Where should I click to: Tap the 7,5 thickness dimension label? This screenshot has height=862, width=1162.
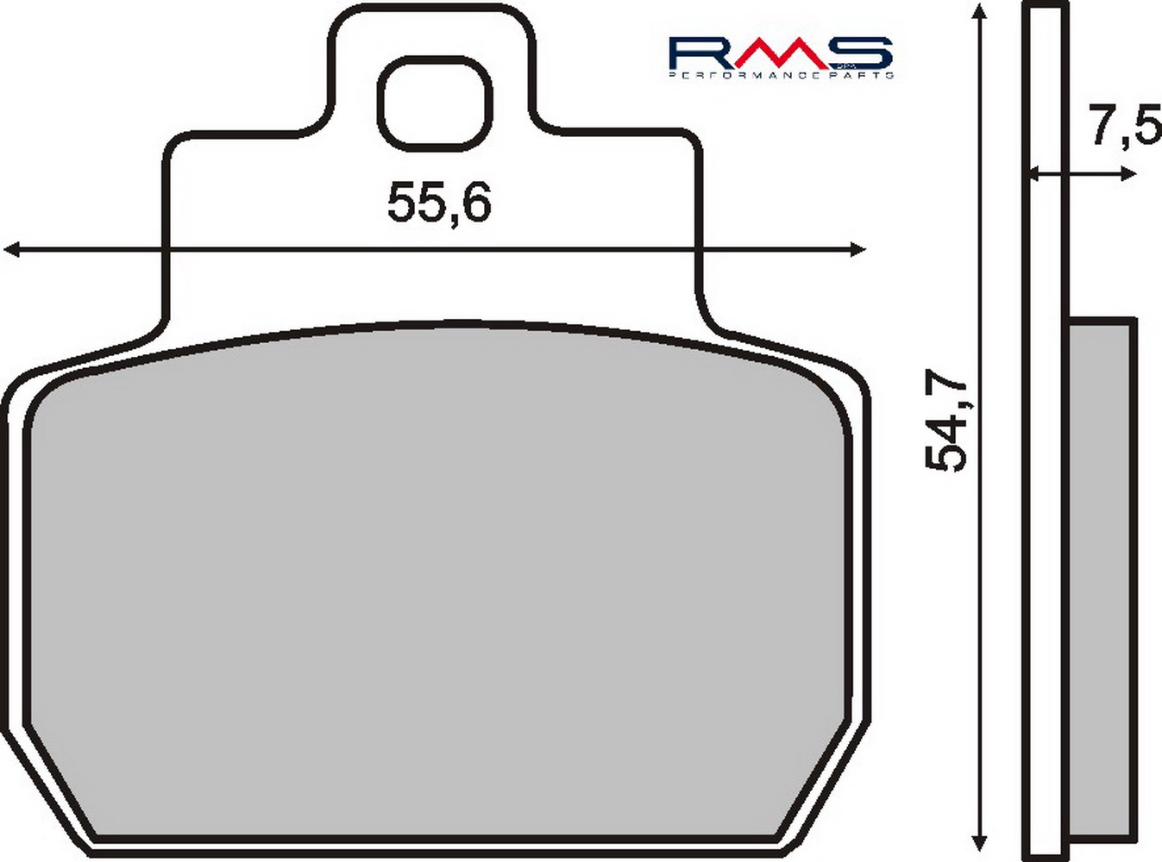pyautogui.click(x=1127, y=125)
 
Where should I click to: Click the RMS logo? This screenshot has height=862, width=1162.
pyautogui.click(x=781, y=58)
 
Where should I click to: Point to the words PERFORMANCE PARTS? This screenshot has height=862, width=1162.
pyautogui.click(x=781, y=76)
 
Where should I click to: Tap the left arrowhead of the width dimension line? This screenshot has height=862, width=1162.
pyautogui.click(x=10, y=250)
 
